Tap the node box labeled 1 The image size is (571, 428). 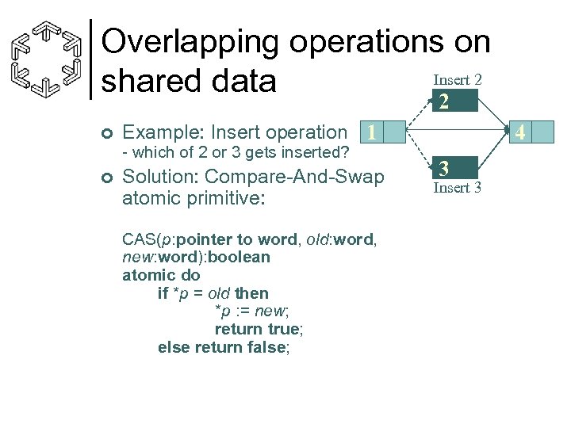click(x=370, y=132)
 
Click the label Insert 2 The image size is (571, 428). click(x=457, y=80)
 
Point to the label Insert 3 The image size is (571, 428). click(x=457, y=189)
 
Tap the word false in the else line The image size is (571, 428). click(x=266, y=346)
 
